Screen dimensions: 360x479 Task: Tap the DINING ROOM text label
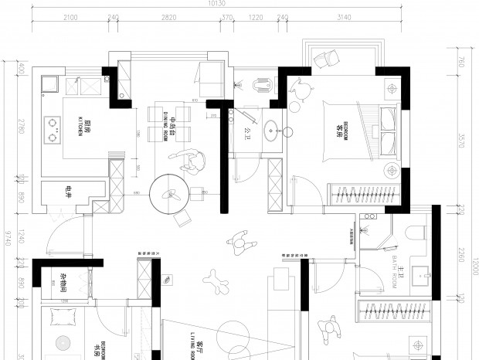point(165,124)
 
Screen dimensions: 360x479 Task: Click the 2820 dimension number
point(168,16)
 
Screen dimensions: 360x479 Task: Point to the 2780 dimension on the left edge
point(21,128)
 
